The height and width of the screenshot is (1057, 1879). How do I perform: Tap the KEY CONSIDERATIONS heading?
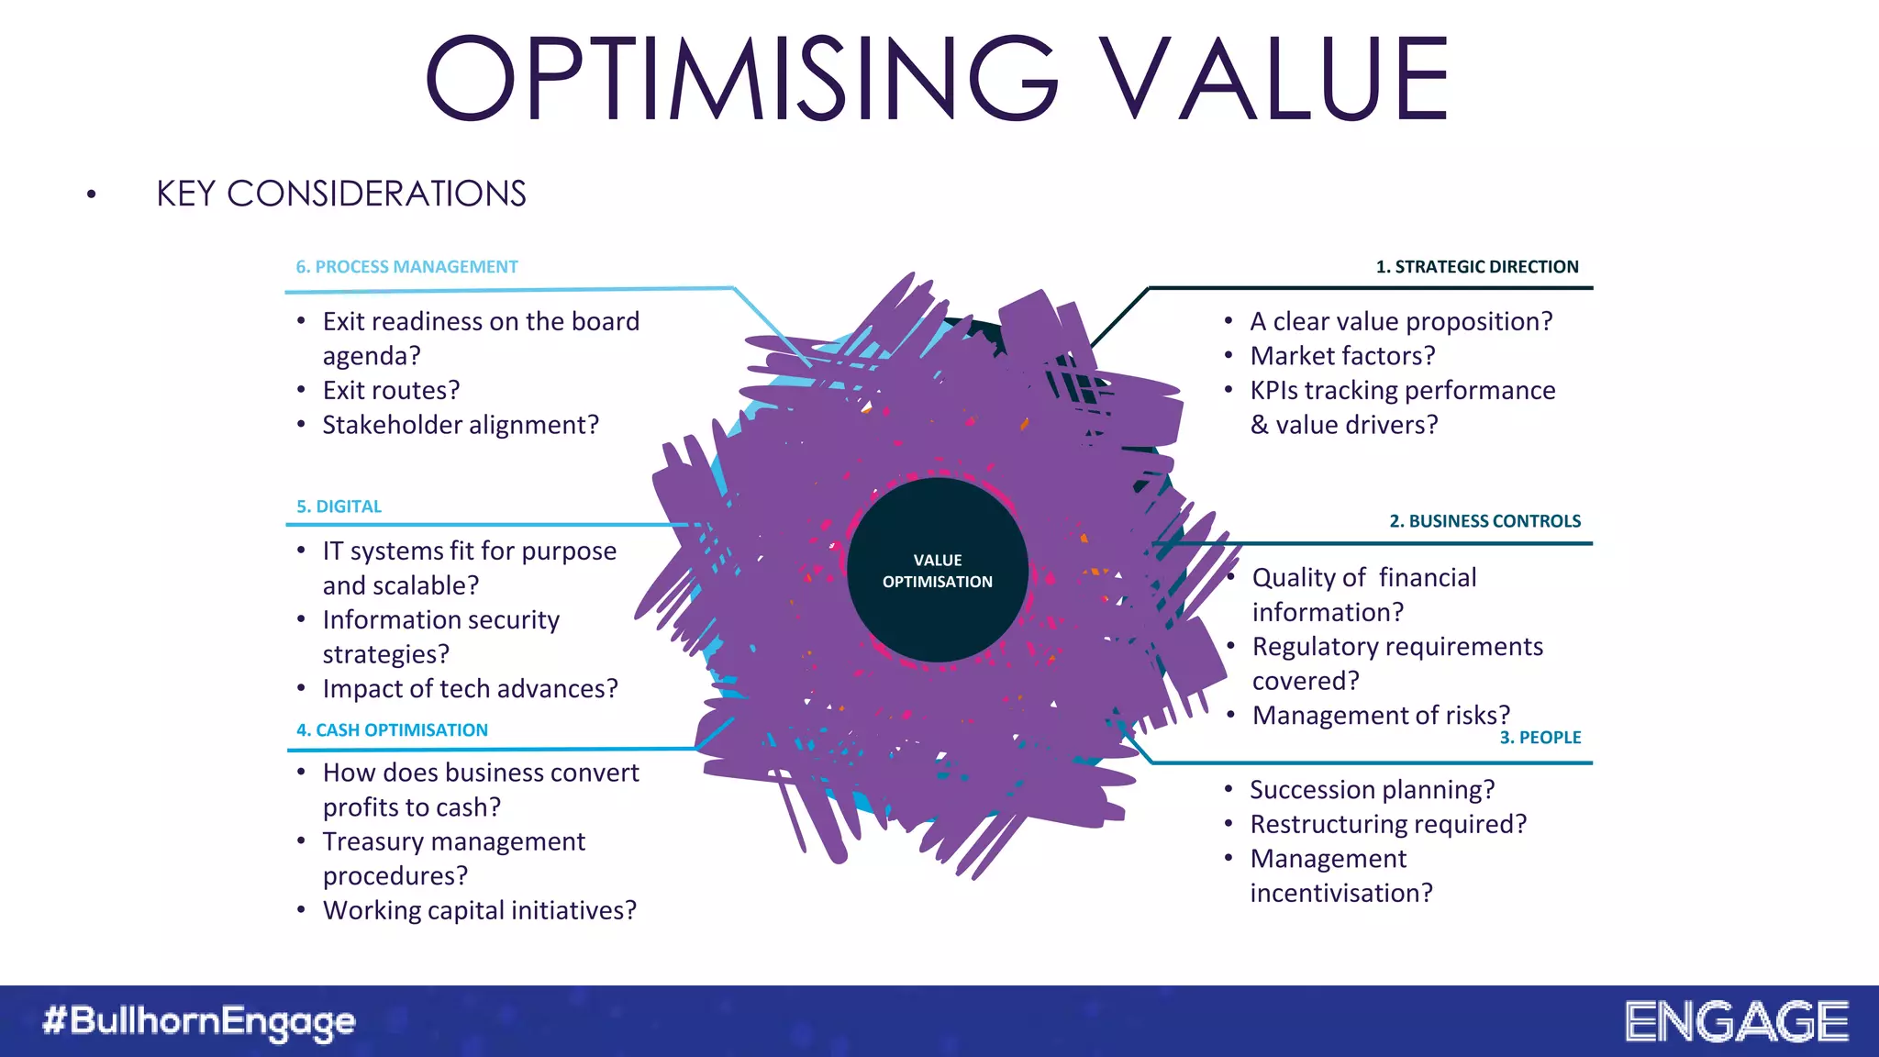pos(340,195)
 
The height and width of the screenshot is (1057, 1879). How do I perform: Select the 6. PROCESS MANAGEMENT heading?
pos(406,267)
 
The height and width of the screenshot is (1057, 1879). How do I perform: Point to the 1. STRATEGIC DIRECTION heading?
pos(1476,267)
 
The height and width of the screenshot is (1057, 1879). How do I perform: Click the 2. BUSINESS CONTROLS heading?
pos(1484,521)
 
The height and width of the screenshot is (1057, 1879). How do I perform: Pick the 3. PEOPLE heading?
pos(1540,738)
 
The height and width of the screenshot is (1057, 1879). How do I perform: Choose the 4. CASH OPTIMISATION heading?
pos(392,730)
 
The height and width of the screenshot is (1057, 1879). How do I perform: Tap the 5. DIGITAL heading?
pos(339,506)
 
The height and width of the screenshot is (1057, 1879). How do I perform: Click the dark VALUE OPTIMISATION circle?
pos(937,571)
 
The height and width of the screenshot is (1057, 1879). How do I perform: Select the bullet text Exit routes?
pos(391,391)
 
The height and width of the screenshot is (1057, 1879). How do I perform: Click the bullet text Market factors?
pos(1341,356)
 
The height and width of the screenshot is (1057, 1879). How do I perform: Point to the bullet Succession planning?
pos(1372,790)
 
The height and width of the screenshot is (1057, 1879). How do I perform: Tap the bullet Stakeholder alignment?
pos(460,426)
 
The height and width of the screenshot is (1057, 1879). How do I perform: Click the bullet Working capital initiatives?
pos(479,911)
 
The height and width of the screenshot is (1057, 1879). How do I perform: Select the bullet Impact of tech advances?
pos(470,689)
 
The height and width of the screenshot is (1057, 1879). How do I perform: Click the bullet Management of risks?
pos(1380,716)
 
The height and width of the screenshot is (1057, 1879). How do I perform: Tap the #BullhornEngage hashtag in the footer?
pos(199,1021)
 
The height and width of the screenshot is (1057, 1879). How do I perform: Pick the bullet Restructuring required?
pos(1387,825)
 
